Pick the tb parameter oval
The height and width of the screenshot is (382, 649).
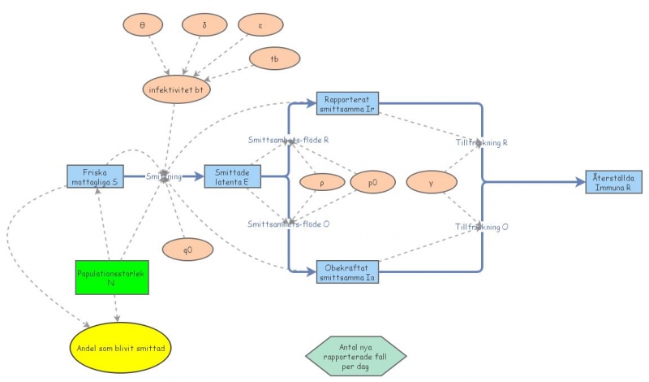(274, 59)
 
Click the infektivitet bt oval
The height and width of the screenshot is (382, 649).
(176, 89)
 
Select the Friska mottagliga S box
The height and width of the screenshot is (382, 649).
(96, 176)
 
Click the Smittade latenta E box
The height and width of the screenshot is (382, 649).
(233, 176)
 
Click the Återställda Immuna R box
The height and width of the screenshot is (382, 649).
(614, 181)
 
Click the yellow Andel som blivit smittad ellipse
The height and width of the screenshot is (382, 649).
(122, 347)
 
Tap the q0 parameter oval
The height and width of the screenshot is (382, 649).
(187, 249)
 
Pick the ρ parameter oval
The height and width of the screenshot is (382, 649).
(322, 184)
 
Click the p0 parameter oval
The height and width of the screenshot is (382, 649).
(372, 184)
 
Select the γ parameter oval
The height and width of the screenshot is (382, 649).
(431, 184)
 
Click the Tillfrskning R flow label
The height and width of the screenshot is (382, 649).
(481, 142)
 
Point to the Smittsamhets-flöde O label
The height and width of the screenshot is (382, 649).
(289, 224)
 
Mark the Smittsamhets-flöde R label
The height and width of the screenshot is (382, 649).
(288, 140)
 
